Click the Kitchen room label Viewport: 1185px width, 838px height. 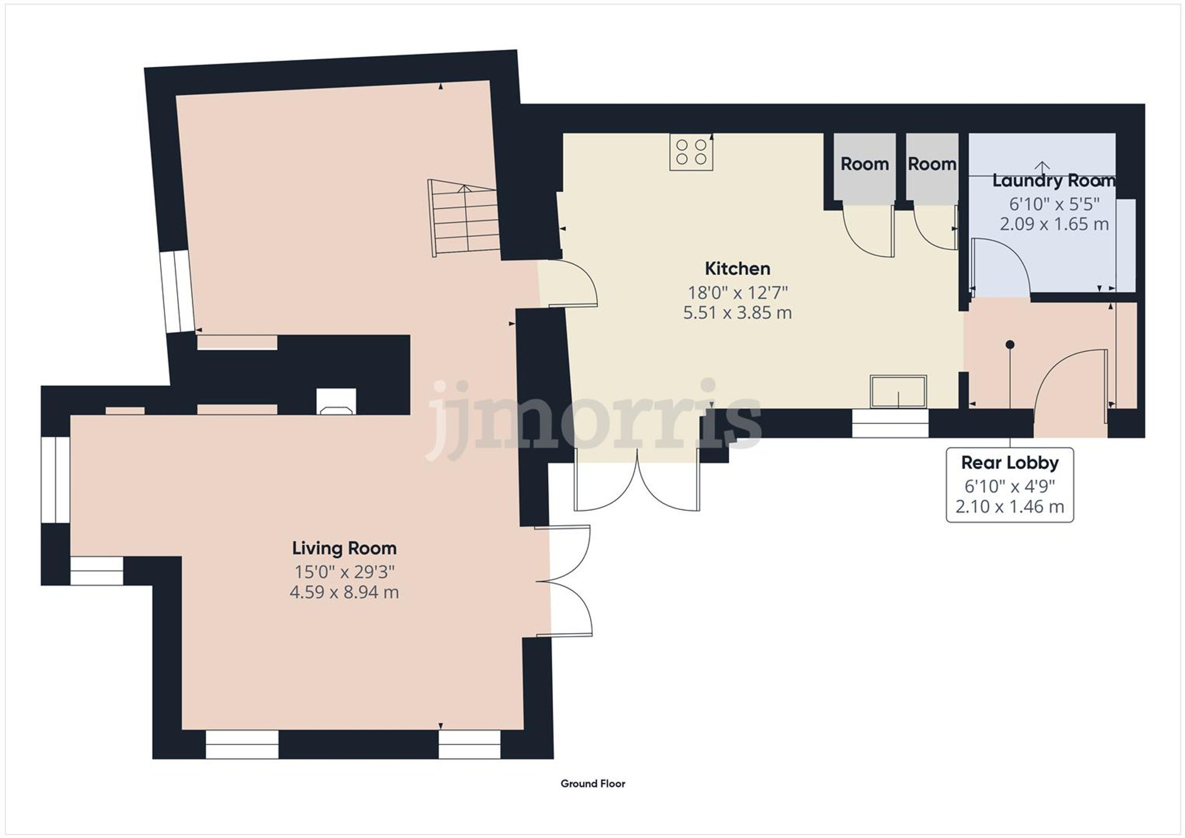click(737, 269)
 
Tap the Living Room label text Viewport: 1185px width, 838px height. click(344, 548)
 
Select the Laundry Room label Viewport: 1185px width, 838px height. click(1053, 181)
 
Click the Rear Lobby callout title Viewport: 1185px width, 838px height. click(1010, 463)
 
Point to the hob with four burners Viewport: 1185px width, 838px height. click(691, 152)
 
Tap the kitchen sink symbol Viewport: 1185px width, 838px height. click(898, 391)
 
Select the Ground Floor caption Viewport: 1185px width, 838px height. click(592, 784)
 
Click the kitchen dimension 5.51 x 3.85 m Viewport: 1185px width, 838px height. click(737, 313)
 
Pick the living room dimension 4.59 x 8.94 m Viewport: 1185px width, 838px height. click(344, 592)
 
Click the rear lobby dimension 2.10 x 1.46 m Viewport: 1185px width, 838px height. click(1010, 507)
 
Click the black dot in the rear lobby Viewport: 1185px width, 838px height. click(1010, 345)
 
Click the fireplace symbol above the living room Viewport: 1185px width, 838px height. click(337, 402)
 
